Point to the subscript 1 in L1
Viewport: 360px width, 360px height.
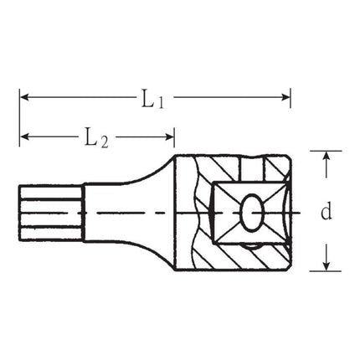[x=161, y=103]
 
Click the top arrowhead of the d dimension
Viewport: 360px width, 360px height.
[x=327, y=157]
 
